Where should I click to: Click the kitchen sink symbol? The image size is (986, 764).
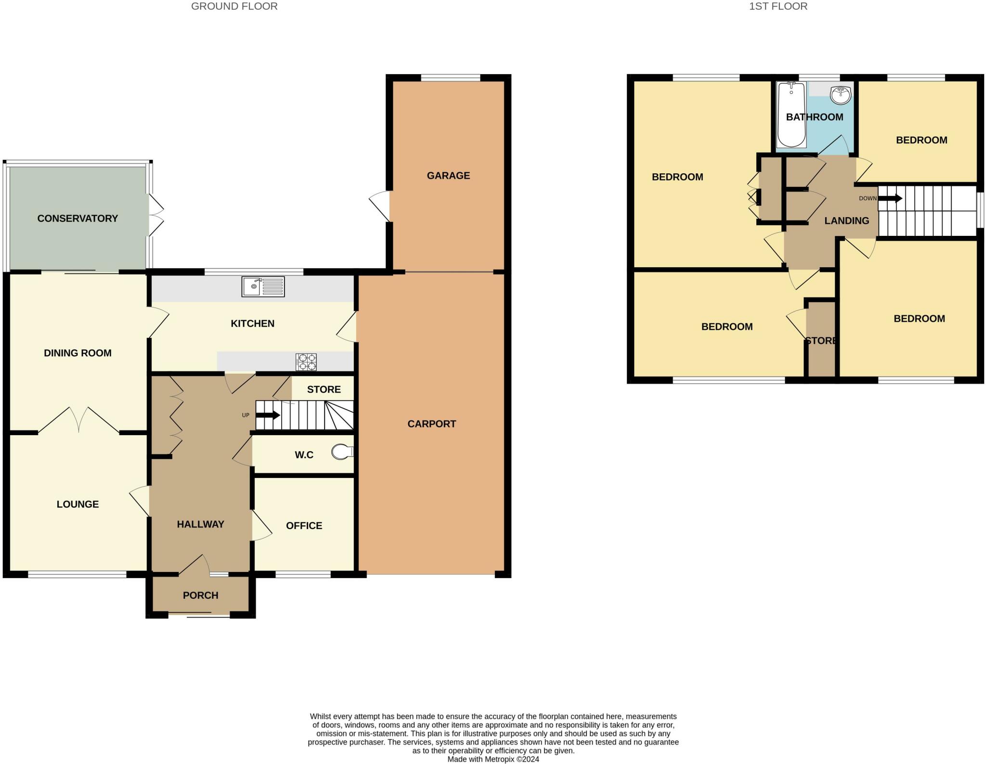click(263, 286)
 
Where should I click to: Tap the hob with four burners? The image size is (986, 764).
click(306, 362)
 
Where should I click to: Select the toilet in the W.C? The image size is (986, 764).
click(343, 452)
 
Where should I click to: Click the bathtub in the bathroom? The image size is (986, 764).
click(791, 115)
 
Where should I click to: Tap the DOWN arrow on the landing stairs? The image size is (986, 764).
click(890, 198)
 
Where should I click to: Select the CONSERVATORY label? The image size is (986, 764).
click(78, 219)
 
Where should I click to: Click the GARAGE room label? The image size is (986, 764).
click(448, 176)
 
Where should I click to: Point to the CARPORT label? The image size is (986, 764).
click(431, 424)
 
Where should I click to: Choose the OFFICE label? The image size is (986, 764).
click(304, 526)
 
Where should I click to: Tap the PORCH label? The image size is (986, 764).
click(200, 596)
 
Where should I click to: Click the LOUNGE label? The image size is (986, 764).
click(78, 505)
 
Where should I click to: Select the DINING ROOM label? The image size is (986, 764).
click(78, 353)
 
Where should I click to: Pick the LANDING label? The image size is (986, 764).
click(846, 221)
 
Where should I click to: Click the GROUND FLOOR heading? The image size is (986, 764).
click(234, 6)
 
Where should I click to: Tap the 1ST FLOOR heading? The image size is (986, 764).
click(778, 6)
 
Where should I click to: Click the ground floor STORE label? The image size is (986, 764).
click(324, 389)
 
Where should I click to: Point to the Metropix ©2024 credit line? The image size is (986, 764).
click(493, 759)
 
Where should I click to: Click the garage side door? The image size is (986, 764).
click(380, 207)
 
